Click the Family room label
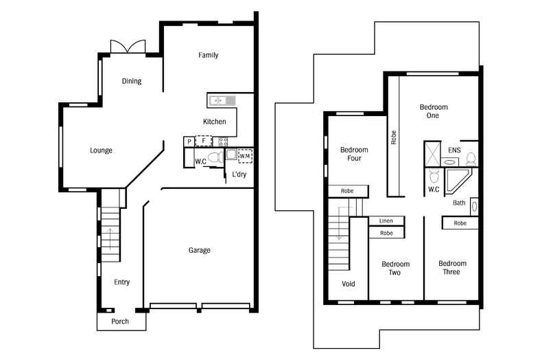coord(209,55)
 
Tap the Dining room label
coord(132,81)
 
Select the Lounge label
coord(101,150)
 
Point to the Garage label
coord(200,250)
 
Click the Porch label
coord(120,321)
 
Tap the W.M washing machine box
coord(245,156)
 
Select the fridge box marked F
coord(203,141)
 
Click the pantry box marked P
coord(189,142)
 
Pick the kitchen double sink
coord(222,100)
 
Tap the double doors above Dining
coord(128,47)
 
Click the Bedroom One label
coord(434,111)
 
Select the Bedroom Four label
coord(354,154)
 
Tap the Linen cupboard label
coord(386,221)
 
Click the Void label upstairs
coord(349,284)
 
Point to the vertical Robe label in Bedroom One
coord(394,137)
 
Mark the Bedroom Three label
coord(452,268)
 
